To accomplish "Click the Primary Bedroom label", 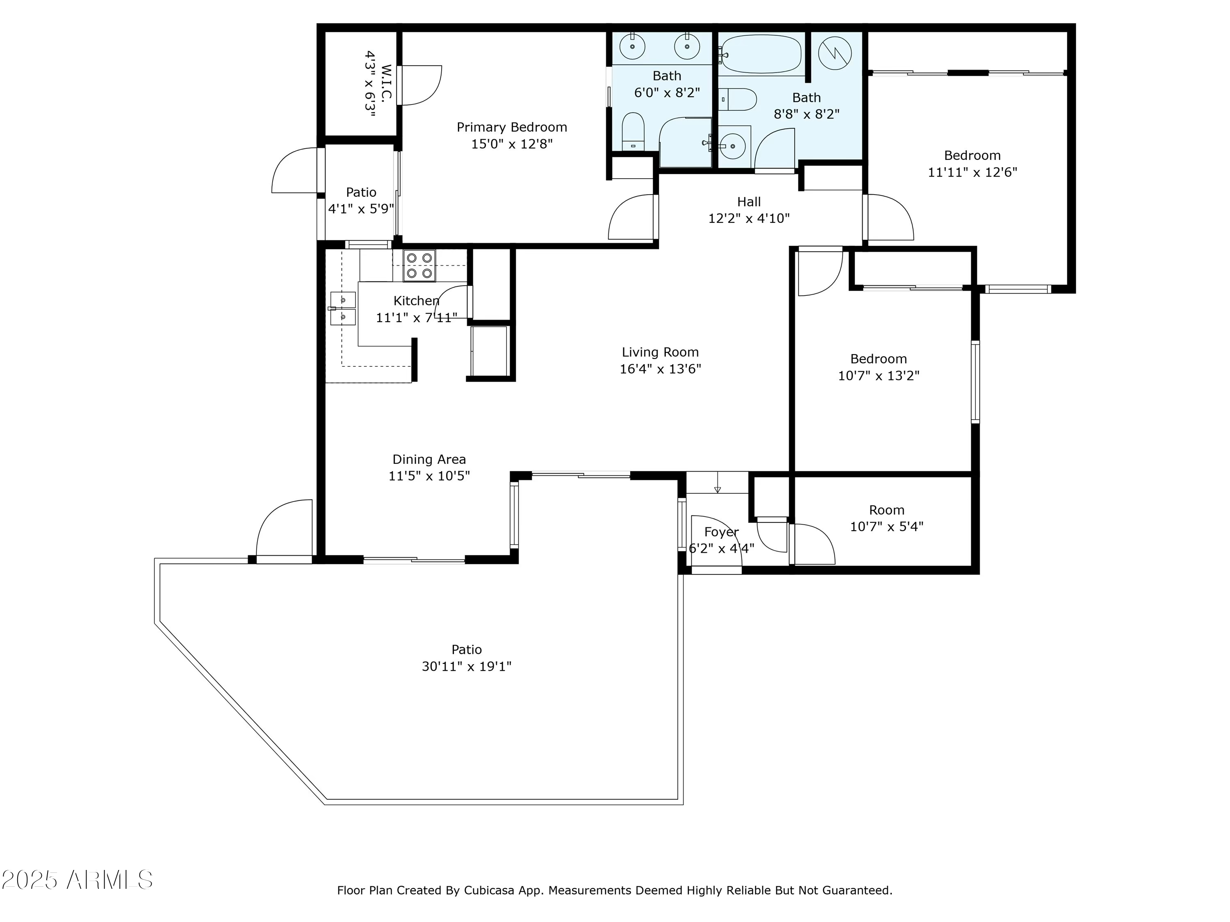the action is pyautogui.click(x=512, y=127).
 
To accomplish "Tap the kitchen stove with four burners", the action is pyautogui.click(x=419, y=266).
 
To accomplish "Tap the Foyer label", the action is pyautogui.click(x=721, y=532).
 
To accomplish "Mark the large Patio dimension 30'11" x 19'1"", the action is pyautogui.click(x=466, y=666).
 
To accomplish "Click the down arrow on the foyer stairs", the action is pyautogui.click(x=717, y=482).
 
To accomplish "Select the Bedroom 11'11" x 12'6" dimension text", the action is pyautogui.click(x=972, y=172).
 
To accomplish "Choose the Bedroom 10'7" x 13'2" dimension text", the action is pyautogui.click(x=879, y=376).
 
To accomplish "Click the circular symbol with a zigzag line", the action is pyautogui.click(x=835, y=53).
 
